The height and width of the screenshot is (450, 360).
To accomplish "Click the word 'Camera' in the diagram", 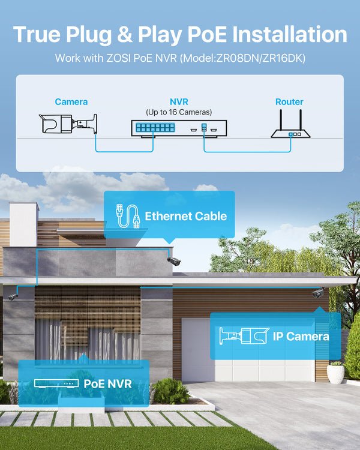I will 71,102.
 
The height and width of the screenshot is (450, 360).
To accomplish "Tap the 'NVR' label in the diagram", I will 179,102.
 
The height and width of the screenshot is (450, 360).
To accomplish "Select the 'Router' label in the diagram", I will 289,102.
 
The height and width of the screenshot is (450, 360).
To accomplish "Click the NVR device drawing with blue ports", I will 179,128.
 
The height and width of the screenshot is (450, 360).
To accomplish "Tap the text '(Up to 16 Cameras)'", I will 179,112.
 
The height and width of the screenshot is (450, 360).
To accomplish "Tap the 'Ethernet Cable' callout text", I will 186,216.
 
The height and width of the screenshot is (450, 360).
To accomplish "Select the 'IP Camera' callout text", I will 301,336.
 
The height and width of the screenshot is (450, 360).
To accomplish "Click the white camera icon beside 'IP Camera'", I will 242,336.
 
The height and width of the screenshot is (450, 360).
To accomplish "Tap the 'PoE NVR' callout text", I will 107,383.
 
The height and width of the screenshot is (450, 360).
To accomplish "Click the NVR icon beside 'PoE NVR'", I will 55,383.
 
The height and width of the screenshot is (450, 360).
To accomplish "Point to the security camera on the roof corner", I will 173,260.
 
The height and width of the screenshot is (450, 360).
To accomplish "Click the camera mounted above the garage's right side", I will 317,293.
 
